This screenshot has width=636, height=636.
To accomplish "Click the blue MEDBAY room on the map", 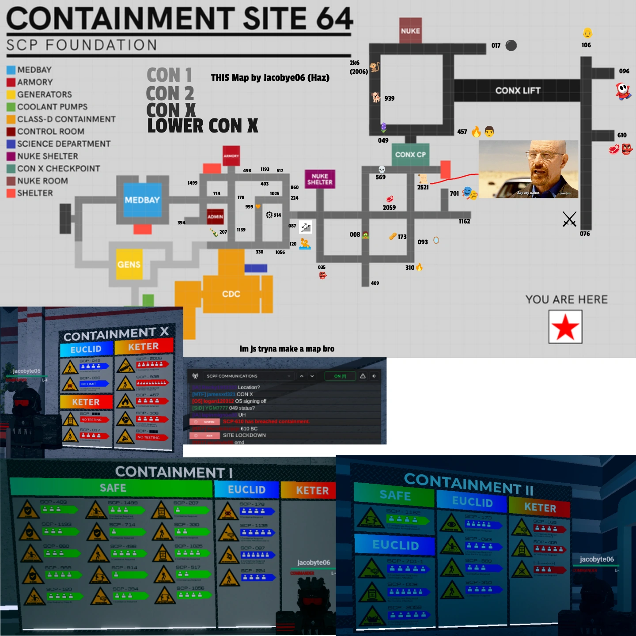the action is (142, 200).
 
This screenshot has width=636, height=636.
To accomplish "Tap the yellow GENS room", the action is (129, 264).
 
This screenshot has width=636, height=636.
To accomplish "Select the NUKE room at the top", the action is (410, 30).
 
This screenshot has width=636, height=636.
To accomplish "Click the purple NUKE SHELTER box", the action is (320, 179).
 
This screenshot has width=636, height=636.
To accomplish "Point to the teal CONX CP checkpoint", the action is (410, 155).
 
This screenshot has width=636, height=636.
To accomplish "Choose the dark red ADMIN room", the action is (215, 216).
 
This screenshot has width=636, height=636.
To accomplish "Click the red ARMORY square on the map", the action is (231, 155).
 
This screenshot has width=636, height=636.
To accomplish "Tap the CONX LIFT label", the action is (518, 91).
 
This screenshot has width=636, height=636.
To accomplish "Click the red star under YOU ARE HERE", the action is (565, 327).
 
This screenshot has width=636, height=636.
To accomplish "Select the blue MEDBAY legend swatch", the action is (11, 70).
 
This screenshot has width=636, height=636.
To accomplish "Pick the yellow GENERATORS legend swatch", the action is (11, 95).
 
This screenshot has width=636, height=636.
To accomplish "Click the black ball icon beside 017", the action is (511, 45).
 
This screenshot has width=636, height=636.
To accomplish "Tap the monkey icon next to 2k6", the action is (375, 67).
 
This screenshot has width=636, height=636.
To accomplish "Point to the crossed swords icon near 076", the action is (569, 219).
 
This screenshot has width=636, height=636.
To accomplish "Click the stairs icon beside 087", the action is (306, 227).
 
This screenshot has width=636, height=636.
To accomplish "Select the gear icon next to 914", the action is (269, 215).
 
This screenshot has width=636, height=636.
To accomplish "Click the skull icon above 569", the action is (382, 170).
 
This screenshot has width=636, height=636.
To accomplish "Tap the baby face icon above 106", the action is (587, 33).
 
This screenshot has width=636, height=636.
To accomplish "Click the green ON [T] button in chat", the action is (340, 376).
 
